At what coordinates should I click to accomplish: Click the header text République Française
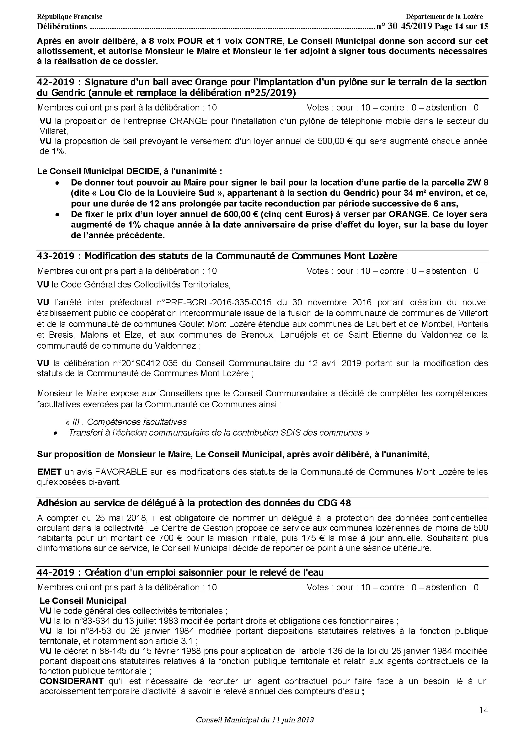pos(70,17)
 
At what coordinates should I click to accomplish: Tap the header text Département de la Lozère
pos(444,17)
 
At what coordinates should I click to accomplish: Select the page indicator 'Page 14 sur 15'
pos(462,27)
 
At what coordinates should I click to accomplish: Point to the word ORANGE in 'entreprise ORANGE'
pos(190,121)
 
